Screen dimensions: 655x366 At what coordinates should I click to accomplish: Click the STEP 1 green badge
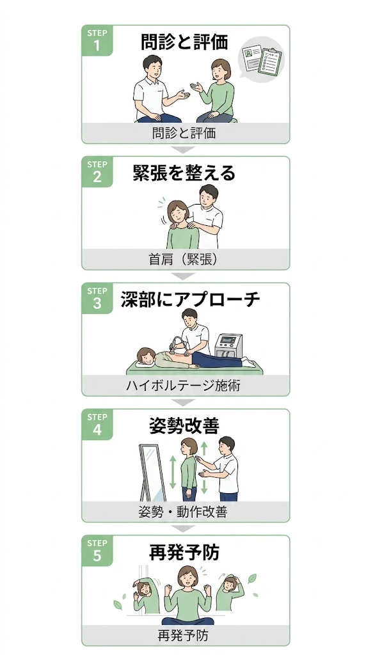click(97, 40)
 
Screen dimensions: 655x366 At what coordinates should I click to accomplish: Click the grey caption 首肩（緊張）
click(185, 259)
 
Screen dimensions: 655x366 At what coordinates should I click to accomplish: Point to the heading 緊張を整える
click(184, 173)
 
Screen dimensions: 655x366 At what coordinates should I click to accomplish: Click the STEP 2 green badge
click(97, 171)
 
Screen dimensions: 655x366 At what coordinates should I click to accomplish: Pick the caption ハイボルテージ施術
click(185, 386)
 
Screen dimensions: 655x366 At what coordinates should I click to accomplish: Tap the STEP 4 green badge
click(97, 424)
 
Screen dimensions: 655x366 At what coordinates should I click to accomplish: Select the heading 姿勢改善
click(184, 425)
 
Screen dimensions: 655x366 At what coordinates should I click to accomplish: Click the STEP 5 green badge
click(97, 550)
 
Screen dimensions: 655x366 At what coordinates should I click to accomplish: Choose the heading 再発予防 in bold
click(184, 552)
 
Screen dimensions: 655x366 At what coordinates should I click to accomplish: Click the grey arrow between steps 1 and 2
click(185, 150)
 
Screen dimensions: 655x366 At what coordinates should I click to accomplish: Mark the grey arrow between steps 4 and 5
click(185, 529)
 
